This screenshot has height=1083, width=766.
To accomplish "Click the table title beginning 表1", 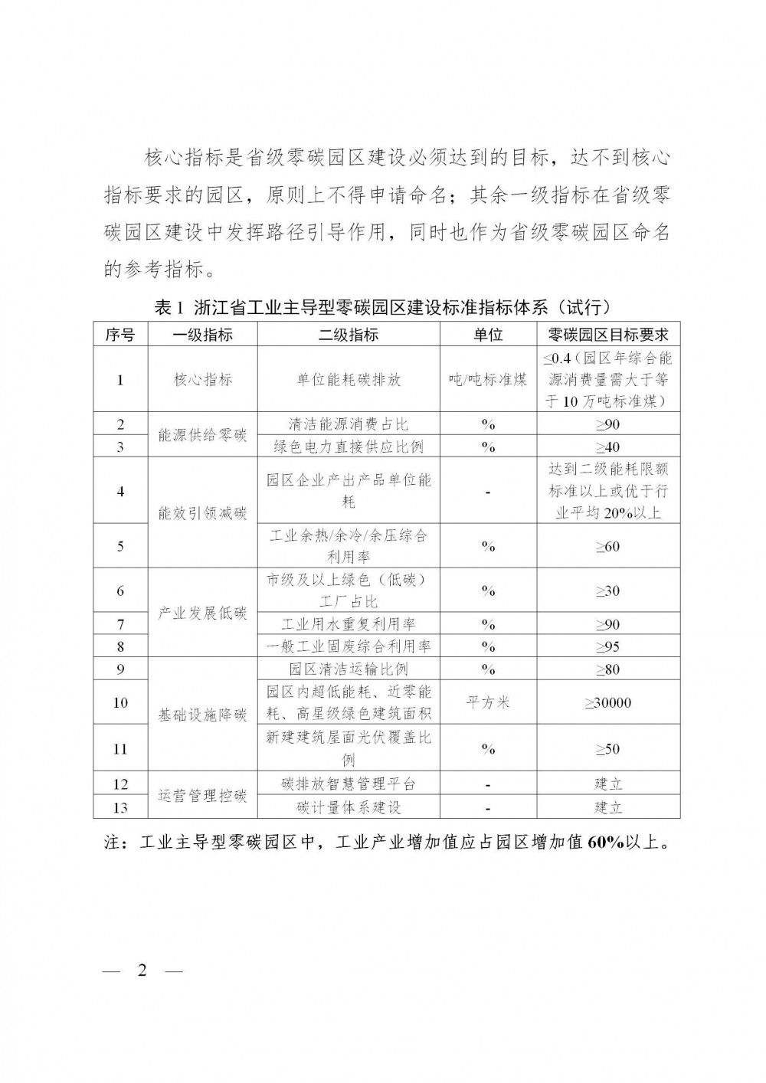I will pos(382,308).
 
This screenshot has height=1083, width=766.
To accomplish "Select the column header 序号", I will pos(120,335).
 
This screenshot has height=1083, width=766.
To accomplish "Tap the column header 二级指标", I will pos(349,335).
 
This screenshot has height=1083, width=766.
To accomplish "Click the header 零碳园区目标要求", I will pos(608,335).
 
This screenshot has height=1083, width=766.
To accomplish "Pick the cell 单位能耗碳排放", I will pos(349,379).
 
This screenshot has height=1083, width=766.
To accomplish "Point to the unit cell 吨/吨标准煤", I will pos(488,379).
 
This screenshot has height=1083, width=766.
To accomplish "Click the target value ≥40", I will pos(608,447).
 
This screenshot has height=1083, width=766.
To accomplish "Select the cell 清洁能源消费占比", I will pos(349,424).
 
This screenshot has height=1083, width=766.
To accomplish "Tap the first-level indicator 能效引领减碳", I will pos(202,512).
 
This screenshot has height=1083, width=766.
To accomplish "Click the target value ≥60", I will pos(608,546).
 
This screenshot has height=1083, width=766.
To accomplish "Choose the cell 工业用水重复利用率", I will pos(349,623).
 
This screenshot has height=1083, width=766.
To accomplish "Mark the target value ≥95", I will pos(608,646).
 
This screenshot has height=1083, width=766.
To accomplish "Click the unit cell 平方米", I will pos(488,702).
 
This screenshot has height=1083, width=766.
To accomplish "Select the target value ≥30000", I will pos(608,702).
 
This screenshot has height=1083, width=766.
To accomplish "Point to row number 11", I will pos(120,748).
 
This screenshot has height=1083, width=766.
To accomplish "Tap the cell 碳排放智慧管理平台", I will pos(349,784).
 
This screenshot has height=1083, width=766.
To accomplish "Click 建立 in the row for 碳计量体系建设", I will pos(608,807).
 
